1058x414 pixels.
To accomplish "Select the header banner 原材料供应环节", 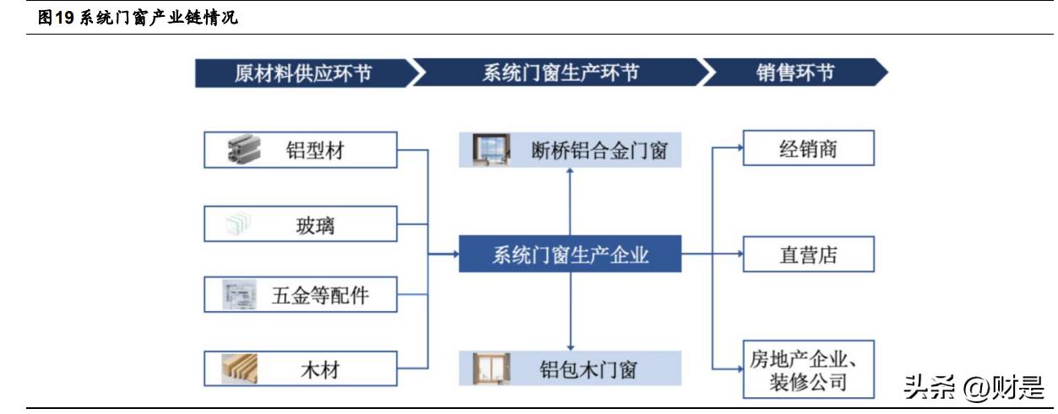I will pos(302,73).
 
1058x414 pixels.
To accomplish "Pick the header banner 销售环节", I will pos(794,73).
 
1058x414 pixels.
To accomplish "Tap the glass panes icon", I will pos(238,224).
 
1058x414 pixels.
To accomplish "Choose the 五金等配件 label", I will pos(320,296).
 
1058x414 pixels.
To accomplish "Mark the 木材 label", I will pos(318,368).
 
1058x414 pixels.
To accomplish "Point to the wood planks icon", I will pos(240,368).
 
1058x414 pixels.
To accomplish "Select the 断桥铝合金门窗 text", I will pos(600,150).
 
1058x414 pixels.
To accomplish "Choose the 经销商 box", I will pos(808,149).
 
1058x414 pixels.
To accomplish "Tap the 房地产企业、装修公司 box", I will pos(808,369).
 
